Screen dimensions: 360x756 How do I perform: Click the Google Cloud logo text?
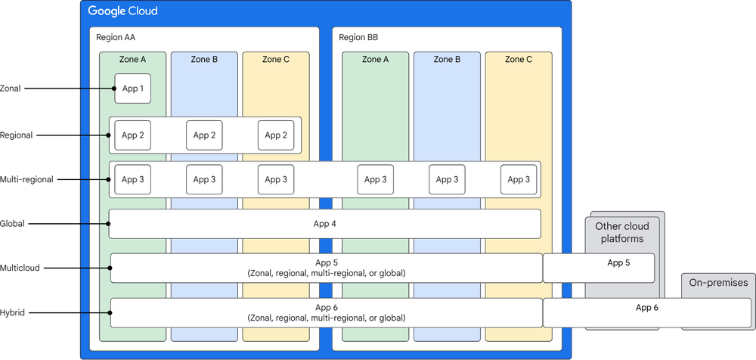[122, 11]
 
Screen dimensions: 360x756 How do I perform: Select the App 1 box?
[128, 88]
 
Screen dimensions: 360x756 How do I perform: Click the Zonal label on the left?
[11, 88]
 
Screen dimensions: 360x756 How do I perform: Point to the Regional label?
[17, 135]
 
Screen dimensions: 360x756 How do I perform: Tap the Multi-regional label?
[26, 179]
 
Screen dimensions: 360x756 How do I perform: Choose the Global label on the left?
[14, 224]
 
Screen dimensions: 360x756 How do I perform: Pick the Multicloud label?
[20, 268]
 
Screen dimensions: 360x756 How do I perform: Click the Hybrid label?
[13, 312]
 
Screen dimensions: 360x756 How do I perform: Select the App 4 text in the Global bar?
[324, 224]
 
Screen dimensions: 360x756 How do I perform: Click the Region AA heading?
[116, 37]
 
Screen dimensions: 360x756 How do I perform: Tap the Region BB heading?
[359, 37]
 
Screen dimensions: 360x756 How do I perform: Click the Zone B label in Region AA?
[204, 60]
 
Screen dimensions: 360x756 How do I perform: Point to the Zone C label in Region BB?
[519, 60]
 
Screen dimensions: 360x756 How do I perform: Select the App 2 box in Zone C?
[275, 135]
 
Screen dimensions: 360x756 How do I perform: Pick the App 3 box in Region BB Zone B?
[447, 179]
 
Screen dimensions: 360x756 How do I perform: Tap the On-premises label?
[718, 283]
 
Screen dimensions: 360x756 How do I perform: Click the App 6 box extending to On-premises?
[647, 312]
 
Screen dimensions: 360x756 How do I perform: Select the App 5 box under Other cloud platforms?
[598, 268]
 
